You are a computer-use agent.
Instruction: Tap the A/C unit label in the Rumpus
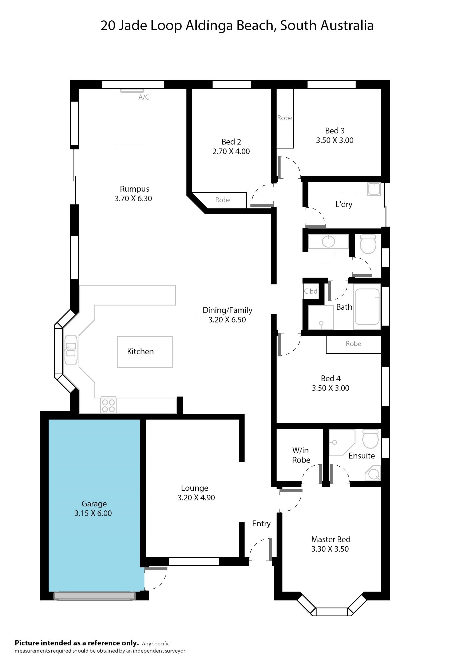(x=144, y=97)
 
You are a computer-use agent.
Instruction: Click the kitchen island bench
(x=145, y=352)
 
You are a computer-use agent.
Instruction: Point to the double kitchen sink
(x=71, y=350)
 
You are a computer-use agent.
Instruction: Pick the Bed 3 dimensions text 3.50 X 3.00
(x=334, y=140)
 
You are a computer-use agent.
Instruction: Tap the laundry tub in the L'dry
(x=374, y=189)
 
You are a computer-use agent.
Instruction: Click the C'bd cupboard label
(x=310, y=291)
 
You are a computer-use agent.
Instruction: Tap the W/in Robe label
(x=301, y=455)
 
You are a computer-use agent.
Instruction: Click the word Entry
(x=261, y=524)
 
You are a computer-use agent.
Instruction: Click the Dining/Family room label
(x=227, y=310)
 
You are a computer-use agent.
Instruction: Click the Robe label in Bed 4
(x=353, y=344)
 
